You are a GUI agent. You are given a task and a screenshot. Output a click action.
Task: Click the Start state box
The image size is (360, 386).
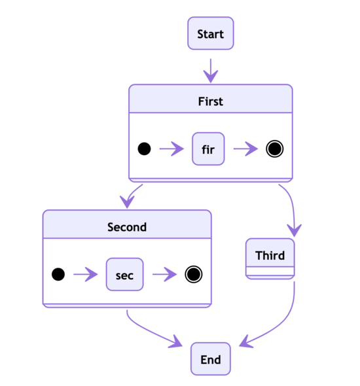[210, 33]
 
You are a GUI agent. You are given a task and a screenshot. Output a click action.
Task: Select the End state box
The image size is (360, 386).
[210, 359]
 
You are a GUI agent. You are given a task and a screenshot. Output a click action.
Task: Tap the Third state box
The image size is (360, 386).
[270, 256]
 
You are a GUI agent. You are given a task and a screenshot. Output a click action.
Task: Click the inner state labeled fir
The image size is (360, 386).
[208, 149]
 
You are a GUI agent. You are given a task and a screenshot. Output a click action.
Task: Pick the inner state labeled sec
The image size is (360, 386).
[124, 275]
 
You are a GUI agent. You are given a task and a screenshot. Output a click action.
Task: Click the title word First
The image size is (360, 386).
[210, 101]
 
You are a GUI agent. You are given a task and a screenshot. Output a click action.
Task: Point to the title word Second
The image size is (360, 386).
[127, 227]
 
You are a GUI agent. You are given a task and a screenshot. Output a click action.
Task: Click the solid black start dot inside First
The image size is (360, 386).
[144, 149]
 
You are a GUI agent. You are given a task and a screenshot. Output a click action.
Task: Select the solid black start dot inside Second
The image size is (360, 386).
[58, 275]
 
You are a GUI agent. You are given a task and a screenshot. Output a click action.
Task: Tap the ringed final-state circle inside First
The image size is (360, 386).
[275, 149]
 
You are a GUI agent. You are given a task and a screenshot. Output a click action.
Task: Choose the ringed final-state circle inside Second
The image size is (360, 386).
[192, 275]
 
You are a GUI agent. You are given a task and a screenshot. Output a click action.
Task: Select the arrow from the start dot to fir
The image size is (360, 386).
[171, 149]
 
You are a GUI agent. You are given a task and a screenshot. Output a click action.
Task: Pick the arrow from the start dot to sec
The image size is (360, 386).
[86, 275]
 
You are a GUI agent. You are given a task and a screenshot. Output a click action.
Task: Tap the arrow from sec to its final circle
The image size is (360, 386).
[164, 275]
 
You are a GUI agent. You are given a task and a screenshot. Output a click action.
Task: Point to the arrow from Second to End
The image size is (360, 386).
[147, 332]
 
